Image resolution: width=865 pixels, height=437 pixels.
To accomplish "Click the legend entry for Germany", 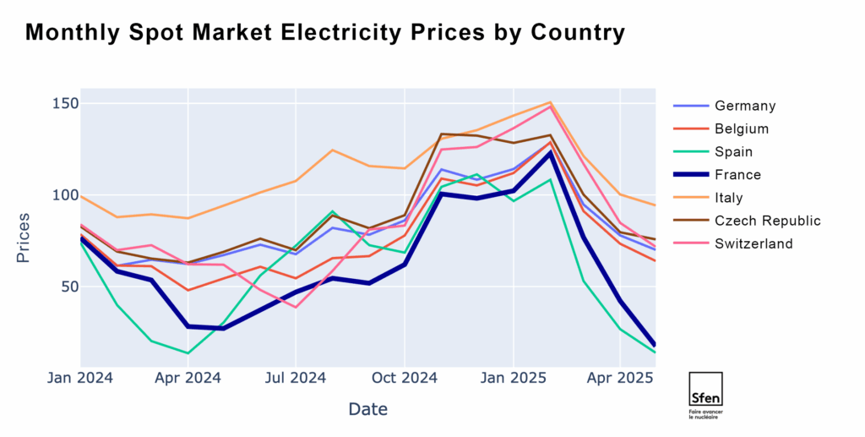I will point(744,106).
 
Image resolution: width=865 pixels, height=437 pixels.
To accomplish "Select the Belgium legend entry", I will point(741,128).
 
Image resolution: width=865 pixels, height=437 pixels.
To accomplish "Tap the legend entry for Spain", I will point(733,152).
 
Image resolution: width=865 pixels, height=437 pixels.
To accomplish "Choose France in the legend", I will point(737,175).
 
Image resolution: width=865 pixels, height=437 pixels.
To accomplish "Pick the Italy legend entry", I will point(731,198).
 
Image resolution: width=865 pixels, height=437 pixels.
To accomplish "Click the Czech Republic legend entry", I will point(767,221).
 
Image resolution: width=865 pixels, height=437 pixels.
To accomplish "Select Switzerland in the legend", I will point(753,243).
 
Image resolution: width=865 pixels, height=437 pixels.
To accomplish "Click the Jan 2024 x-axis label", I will point(81,378).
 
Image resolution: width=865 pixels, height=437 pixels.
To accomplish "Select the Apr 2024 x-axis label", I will point(188,378).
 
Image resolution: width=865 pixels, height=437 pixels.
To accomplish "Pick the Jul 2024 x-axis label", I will point(296,378).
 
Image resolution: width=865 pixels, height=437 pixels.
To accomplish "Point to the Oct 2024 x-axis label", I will point(404,378).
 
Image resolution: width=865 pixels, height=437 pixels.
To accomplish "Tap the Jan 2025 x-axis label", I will point(512,378).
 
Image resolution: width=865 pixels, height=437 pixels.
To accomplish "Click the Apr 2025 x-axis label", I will point(620,378).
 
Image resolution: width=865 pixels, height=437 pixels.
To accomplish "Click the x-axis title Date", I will point(367,410).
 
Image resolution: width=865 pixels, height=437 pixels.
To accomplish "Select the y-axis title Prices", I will point(24,238).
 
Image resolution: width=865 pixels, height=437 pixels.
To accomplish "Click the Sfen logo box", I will point(705,390).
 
